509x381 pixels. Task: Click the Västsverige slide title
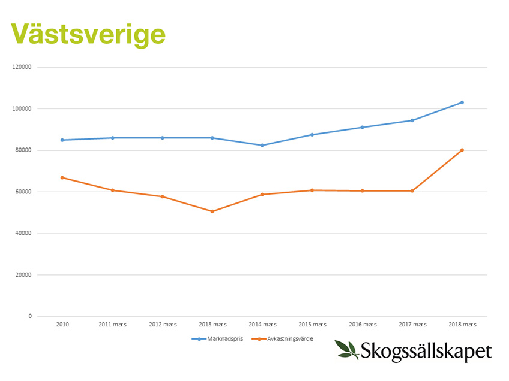pyautogui.click(x=88, y=34)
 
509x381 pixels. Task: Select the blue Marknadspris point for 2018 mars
pyautogui.click(x=462, y=102)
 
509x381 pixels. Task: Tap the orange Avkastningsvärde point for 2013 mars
pyautogui.click(x=212, y=211)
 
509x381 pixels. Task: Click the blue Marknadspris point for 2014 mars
pyautogui.click(x=262, y=145)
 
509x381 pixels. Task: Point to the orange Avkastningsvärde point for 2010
pyautogui.click(x=62, y=177)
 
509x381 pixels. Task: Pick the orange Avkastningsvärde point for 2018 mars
pyautogui.click(x=462, y=150)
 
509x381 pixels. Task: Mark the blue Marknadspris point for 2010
pyautogui.click(x=62, y=140)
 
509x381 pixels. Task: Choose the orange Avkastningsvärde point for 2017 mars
pyautogui.click(x=412, y=190)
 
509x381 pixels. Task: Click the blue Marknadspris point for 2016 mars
pyautogui.click(x=363, y=127)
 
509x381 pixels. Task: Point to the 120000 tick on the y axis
pyautogui.click(x=22, y=67)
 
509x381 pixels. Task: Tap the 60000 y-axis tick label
pyautogui.click(x=23, y=192)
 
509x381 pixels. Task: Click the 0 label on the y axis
pyautogui.click(x=30, y=316)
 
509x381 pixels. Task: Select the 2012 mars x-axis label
pyautogui.click(x=162, y=325)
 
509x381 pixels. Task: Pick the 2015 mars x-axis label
pyautogui.click(x=312, y=325)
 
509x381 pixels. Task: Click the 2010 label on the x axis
pyautogui.click(x=62, y=325)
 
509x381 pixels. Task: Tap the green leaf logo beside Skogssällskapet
pyautogui.click(x=346, y=349)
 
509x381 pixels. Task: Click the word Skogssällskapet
pyautogui.click(x=427, y=351)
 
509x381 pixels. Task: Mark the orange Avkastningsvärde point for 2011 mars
pyautogui.click(x=112, y=190)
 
